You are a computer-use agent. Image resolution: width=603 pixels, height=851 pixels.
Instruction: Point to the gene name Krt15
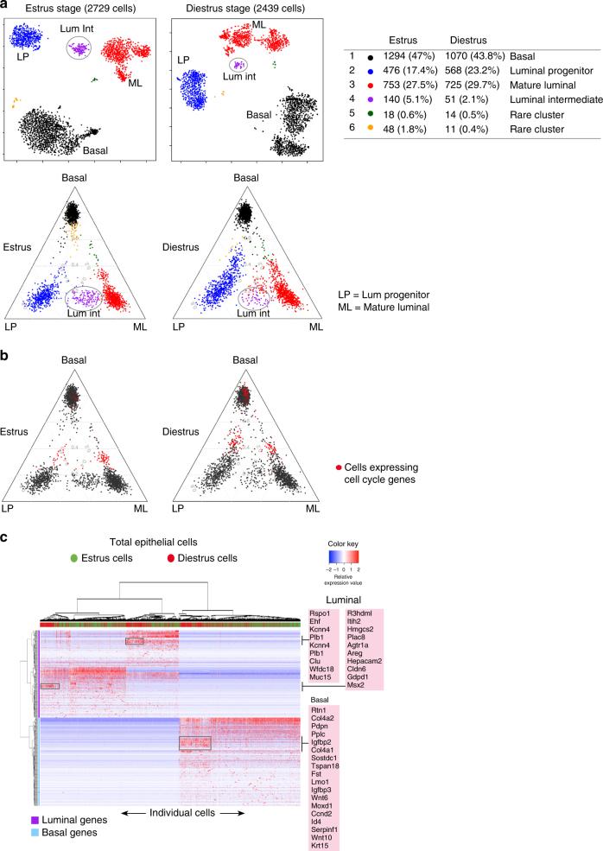click(321, 841)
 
